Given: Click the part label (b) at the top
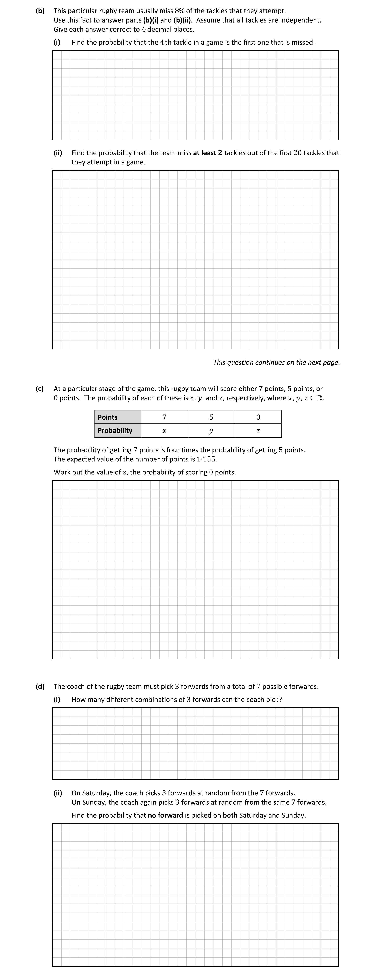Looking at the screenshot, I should [x=40, y=11].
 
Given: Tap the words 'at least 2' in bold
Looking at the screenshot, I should [x=207, y=153].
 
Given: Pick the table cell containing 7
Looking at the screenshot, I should [x=165, y=417].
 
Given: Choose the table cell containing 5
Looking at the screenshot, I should [x=211, y=417].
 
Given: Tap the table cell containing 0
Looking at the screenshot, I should [x=258, y=417].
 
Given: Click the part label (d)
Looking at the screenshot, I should [x=40, y=687].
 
